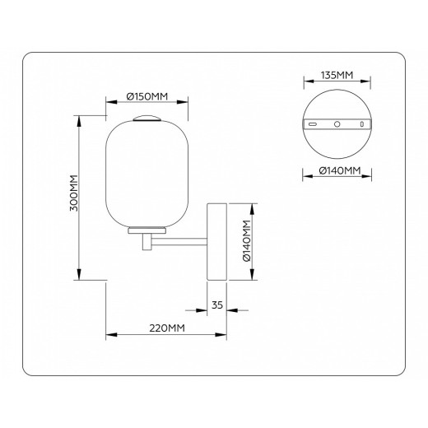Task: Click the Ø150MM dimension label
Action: click(x=148, y=96)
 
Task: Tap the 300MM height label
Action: click(x=73, y=194)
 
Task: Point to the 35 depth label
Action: click(x=217, y=305)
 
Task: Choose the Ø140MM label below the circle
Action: click(x=337, y=171)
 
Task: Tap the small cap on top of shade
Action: click(x=148, y=118)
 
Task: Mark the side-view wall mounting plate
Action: click(x=217, y=241)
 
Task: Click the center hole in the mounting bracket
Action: click(x=337, y=123)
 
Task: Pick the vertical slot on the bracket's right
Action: click(x=361, y=123)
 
